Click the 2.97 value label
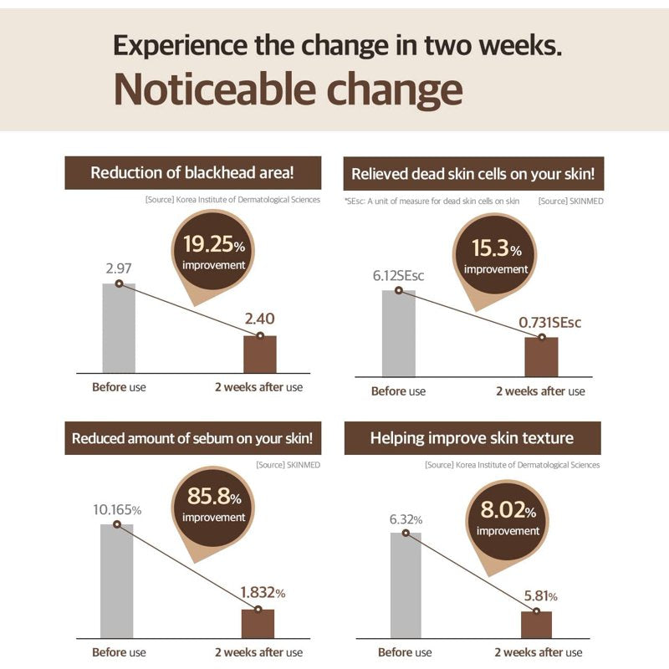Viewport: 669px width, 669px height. pos(119,268)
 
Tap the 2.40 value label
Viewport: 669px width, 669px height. pos(259,319)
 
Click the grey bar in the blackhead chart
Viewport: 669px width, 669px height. pos(119,328)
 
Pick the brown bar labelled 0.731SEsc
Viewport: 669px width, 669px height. pos(541,357)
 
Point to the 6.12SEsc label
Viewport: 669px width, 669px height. pos(398,276)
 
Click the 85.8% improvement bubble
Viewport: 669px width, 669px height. pos(213,508)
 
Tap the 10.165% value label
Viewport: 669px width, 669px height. pos(117,510)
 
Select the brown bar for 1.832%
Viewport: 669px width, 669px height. pos(258,624)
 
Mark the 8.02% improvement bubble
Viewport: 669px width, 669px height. pos(507,522)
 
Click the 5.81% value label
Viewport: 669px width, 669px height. pos(540,596)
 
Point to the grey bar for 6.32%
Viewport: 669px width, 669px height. pos(406,585)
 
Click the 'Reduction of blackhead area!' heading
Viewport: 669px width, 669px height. pos(192,173)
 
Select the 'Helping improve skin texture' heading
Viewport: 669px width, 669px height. pos(472,438)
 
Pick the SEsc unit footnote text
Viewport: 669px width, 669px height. pos(432,201)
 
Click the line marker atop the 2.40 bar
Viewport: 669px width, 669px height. pos(260,336)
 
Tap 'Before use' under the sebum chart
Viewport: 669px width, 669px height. pos(119,652)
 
